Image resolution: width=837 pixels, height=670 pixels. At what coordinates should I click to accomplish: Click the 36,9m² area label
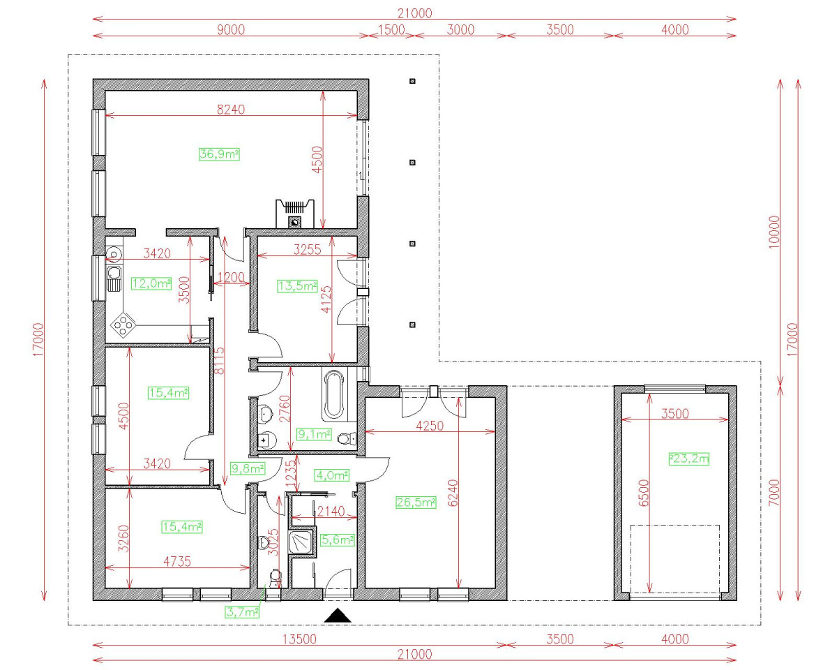tap(219, 154)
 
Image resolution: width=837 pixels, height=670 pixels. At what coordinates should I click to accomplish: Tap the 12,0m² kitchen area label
tap(151, 283)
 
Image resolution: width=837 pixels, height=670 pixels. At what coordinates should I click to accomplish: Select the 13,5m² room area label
tap(298, 286)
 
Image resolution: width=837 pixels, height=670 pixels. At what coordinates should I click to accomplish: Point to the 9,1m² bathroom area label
tap(314, 434)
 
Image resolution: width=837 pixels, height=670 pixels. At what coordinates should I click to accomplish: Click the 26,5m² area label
tap(416, 502)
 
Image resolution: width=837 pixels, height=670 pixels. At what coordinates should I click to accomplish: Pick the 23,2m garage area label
tap(689, 459)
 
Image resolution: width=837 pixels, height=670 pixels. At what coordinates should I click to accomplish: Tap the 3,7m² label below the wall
tap(242, 612)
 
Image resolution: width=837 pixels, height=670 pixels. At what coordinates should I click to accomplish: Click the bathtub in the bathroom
tap(334, 395)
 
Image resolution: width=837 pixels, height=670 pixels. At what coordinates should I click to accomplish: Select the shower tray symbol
tap(302, 541)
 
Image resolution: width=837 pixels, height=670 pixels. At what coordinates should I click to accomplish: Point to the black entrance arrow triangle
tap(337, 616)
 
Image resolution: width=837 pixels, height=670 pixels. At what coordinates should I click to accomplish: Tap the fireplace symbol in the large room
tap(295, 214)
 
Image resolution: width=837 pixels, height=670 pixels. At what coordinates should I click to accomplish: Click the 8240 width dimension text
tap(231, 110)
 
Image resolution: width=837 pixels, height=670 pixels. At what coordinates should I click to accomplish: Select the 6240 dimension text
tap(453, 493)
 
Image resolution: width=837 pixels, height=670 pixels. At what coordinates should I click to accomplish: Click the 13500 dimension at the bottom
tap(299, 639)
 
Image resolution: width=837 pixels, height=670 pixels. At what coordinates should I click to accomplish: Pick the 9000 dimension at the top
tap(231, 29)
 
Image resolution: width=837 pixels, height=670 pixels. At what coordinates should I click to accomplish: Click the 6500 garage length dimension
tap(644, 493)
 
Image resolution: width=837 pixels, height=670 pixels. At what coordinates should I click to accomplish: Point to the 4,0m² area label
tap(332, 475)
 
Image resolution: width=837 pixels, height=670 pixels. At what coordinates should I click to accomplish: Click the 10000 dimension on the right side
tap(774, 232)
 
